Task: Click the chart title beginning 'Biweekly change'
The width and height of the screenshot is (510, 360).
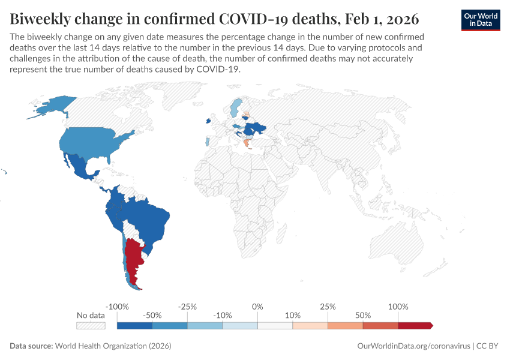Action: point(214,18)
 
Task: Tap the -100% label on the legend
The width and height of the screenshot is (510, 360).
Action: point(117,307)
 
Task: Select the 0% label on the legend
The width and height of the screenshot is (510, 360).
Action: point(257,307)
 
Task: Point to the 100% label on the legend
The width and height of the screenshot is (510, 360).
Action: point(398,307)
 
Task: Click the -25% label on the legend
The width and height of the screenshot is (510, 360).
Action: point(187,307)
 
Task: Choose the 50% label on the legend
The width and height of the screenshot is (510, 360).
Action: point(363,316)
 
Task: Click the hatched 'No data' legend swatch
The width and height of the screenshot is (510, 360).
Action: point(91,325)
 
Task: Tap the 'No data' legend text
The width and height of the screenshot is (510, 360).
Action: point(91,316)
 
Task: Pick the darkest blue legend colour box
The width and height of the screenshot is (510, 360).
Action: point(134,325)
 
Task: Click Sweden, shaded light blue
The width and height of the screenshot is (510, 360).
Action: point(236,108)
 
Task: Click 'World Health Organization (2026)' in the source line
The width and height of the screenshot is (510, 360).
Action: point(113,346)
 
